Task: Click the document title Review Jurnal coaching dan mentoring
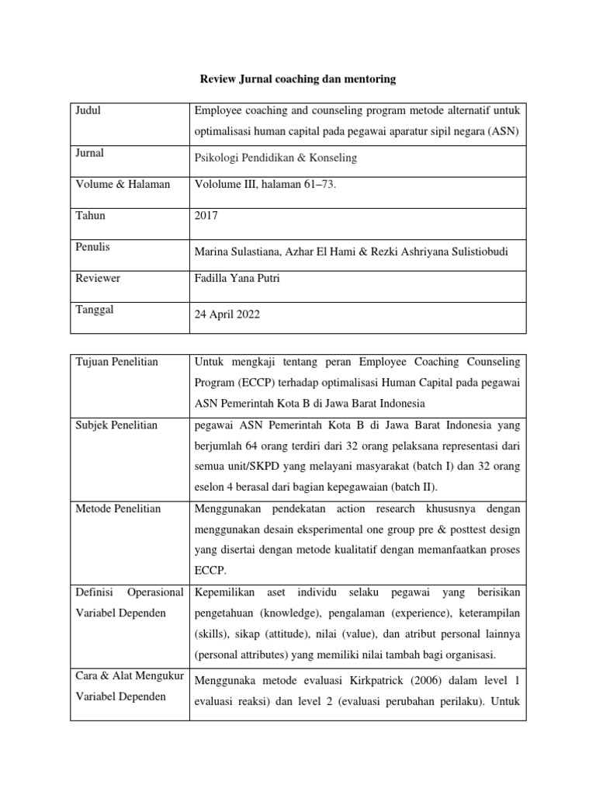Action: (298, 78)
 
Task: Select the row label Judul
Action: (88, 111)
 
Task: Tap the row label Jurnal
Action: (89, 154)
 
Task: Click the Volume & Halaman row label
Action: (122, 184)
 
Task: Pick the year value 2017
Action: (206, 216)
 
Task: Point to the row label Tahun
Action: (90, 216)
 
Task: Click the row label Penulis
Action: (92, 247)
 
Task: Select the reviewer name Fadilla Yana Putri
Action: (237, 278)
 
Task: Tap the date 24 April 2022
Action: (227, 314)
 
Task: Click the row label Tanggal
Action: (95, 310)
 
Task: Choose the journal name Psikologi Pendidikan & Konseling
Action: (275, 158)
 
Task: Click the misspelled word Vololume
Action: (219, 184)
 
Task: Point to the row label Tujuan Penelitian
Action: (117, 362)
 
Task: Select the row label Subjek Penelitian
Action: (116, 425)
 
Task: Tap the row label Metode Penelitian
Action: (118, 509)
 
